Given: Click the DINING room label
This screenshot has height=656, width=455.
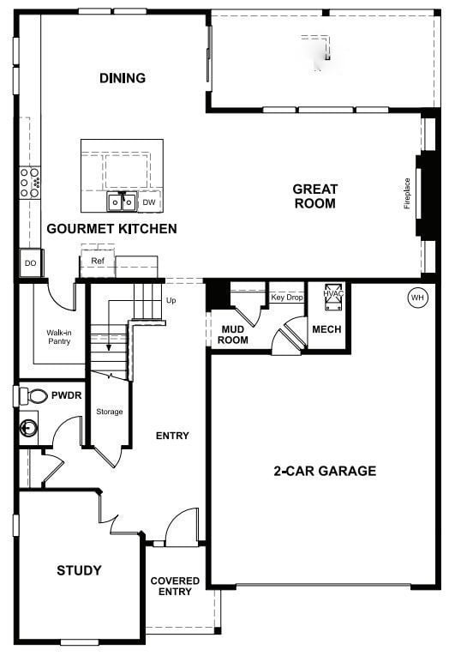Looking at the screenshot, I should click(123, 78).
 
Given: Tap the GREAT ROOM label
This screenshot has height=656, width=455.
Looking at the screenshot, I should click(314, 196).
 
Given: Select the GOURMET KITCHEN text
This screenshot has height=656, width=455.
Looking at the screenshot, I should click(111, 229).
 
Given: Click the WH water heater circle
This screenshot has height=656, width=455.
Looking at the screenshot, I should click(417, 298).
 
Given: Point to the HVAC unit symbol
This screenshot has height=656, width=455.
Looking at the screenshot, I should click(332, 295).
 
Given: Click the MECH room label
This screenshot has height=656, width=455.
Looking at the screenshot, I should click(326, 329).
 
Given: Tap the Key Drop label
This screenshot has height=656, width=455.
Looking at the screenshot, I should click(287, 298).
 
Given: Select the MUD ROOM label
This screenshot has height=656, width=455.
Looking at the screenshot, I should click(235, 334).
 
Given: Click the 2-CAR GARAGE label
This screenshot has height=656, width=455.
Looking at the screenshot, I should click(325, 471).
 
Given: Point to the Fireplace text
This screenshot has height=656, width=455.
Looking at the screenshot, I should click(408, 194).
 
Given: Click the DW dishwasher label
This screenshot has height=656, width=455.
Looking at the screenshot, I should click(149, 203).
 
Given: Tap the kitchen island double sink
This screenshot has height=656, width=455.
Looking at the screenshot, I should click(122, 202).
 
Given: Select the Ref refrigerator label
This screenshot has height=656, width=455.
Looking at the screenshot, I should click(97, 261).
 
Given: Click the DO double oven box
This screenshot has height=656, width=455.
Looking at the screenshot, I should click(31, 263).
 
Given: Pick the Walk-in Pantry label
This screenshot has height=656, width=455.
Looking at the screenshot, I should click(58, 337).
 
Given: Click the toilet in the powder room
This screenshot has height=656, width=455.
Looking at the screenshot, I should click(34, 396).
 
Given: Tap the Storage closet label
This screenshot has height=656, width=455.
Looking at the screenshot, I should click(110, 412).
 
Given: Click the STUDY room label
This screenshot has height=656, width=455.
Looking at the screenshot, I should click(79, 570).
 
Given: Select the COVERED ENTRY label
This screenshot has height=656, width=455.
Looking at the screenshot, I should click(175, 587).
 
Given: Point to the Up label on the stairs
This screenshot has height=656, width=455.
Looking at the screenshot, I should click(171, 301).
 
